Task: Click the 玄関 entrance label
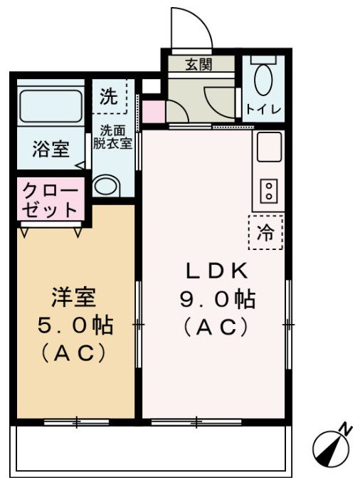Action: pyautogui.click(x=200, y=65)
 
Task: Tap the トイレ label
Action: pyautogui.click(x=264, y=110)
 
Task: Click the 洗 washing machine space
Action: pyautogui.click(x=109, y=98)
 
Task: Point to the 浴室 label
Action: pyautogui.click(x=51, y=150)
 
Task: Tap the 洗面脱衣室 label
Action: pyautogui.click(x=114, y=137)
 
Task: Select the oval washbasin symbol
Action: pyautogui.click(x=108, y=187)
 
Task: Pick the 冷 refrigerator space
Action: pyautogui.click(x=265, y=232)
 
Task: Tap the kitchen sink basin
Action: pyautogui.click(x=270, y=148)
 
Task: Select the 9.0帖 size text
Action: pyautogui.click(x=216, y=299)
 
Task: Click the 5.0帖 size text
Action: pyautogui.click(x=74, y=325)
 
